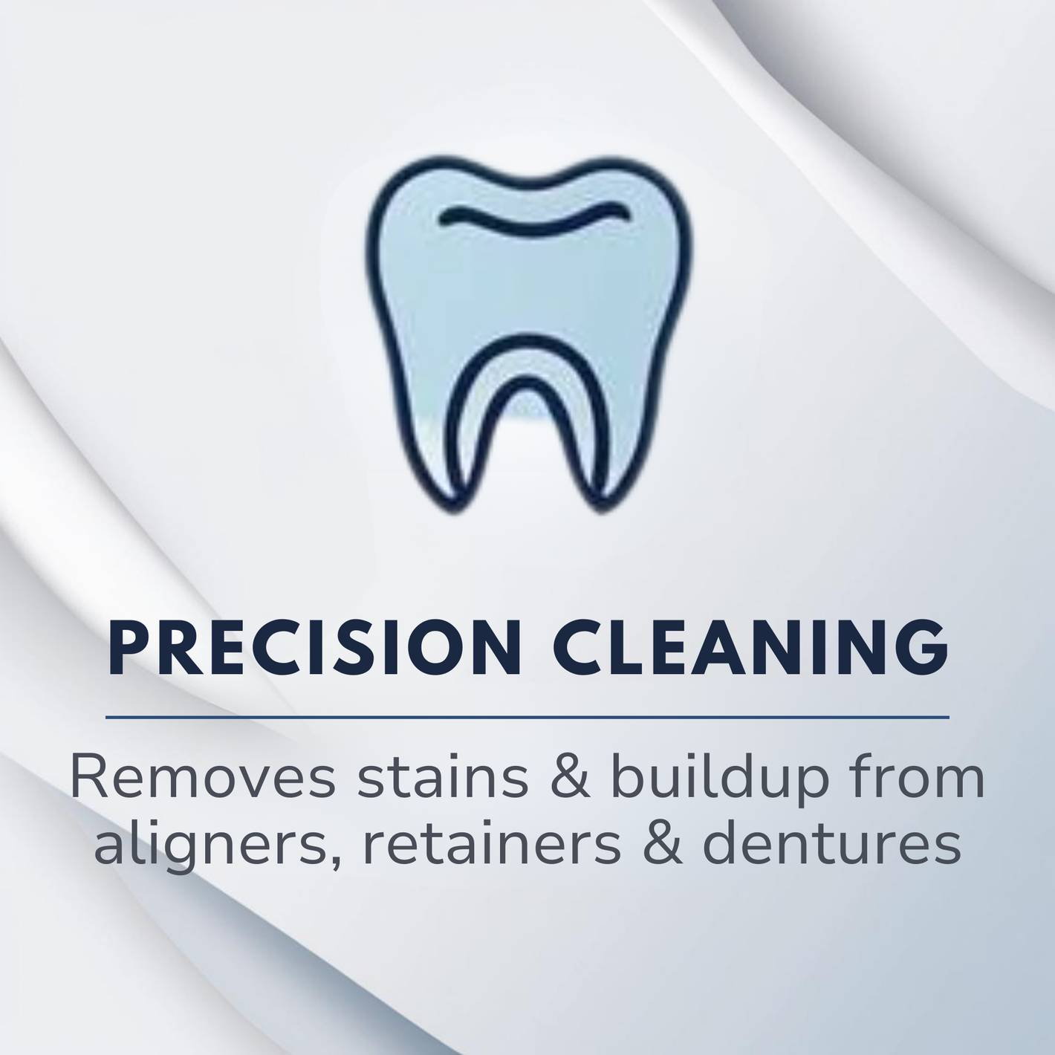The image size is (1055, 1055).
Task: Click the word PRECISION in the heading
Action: pos(315,648)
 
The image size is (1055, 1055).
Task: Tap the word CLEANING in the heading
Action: pos(752,648)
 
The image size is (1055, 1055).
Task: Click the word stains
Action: pos(443,778)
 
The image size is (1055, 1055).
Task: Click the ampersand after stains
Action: pos(570,778)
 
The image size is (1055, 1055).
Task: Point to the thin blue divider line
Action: pos(527,717)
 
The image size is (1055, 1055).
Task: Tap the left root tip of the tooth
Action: pos(455,508)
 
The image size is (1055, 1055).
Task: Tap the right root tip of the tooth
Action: pos(600,508)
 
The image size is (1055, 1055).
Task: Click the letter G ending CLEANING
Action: pos(920,648)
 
